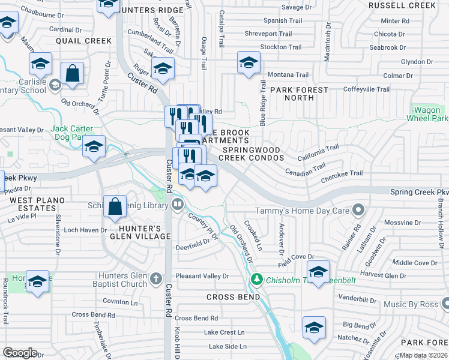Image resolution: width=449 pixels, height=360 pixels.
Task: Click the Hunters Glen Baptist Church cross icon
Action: coord(156,278)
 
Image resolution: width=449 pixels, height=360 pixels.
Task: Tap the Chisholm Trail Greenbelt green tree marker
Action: coord(257,279)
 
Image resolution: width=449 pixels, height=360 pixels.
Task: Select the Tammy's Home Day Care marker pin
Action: coord(358,210)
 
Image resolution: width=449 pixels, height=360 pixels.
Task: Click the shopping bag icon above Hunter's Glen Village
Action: coord(115,206)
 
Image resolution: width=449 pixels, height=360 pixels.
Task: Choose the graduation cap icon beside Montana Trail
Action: coord(249,62)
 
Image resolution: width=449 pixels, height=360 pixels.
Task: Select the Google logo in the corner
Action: coord(20,353)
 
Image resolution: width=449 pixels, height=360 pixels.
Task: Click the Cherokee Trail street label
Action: coord(342,173)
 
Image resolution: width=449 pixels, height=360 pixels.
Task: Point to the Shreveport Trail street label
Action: coord(268,34)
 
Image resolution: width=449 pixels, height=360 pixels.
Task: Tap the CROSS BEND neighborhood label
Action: coord(234,297)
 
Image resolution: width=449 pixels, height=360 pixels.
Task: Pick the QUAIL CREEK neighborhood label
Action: coord(83,41)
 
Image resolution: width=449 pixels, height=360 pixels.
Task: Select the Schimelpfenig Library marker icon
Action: coord(178,205)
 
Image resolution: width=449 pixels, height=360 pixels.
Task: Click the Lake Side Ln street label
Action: coord(228,346)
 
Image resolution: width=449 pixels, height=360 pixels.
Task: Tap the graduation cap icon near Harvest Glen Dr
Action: coord(318,271)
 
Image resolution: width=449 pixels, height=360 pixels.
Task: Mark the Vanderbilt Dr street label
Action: coord(356,297)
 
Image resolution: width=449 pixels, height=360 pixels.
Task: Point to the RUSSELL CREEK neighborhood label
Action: coord(402,5)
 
